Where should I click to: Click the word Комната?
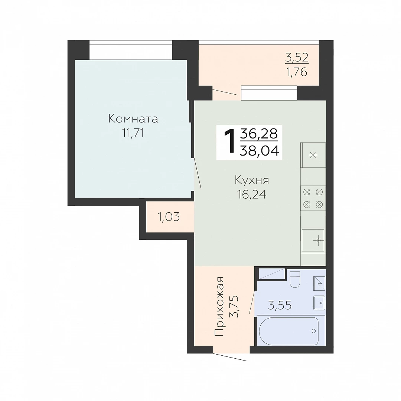pos(133,119)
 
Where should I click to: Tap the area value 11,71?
pos(133,133)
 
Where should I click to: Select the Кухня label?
pos(252,180)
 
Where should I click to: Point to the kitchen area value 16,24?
pos(252,195)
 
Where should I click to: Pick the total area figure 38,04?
pos(259,151)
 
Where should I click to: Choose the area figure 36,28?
pos(259,134)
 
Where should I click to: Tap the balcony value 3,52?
pos(297,58)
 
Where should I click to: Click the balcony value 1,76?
pos(297,72)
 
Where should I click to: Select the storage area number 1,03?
pos(169,217)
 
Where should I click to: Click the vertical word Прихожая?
pos(219,306)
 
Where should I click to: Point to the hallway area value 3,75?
pos(234,306)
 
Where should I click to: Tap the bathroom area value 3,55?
pos(280,305)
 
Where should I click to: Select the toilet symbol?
pos(295,280)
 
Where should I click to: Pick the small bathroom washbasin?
pos(319,303)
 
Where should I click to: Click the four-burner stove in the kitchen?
pos(313,198)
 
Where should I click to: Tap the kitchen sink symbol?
pos(313,240)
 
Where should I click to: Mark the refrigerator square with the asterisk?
pos(313,155)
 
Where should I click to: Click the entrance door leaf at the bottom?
pos(229,357)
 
